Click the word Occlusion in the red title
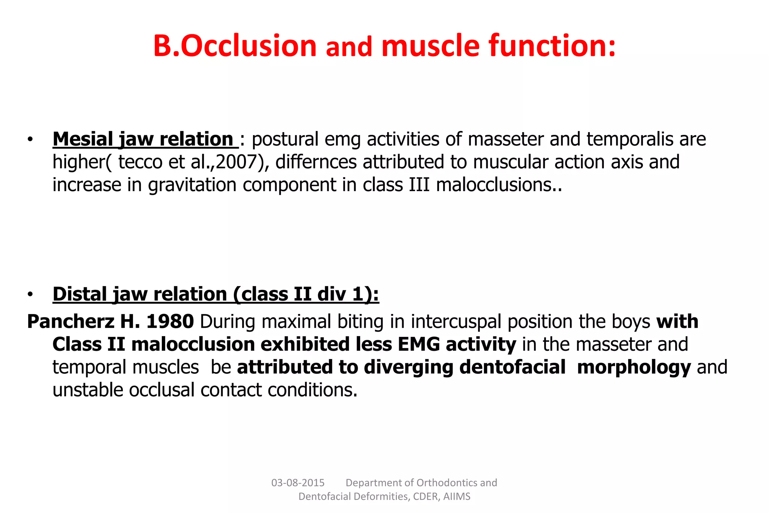(x=249, y=46)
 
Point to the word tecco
(x=140, y=162)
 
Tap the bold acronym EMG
(x=418, y=344)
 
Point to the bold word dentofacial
(x=512, y=367)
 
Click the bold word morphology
(x=633, y=367)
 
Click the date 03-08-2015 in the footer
(x=298, y=483)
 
